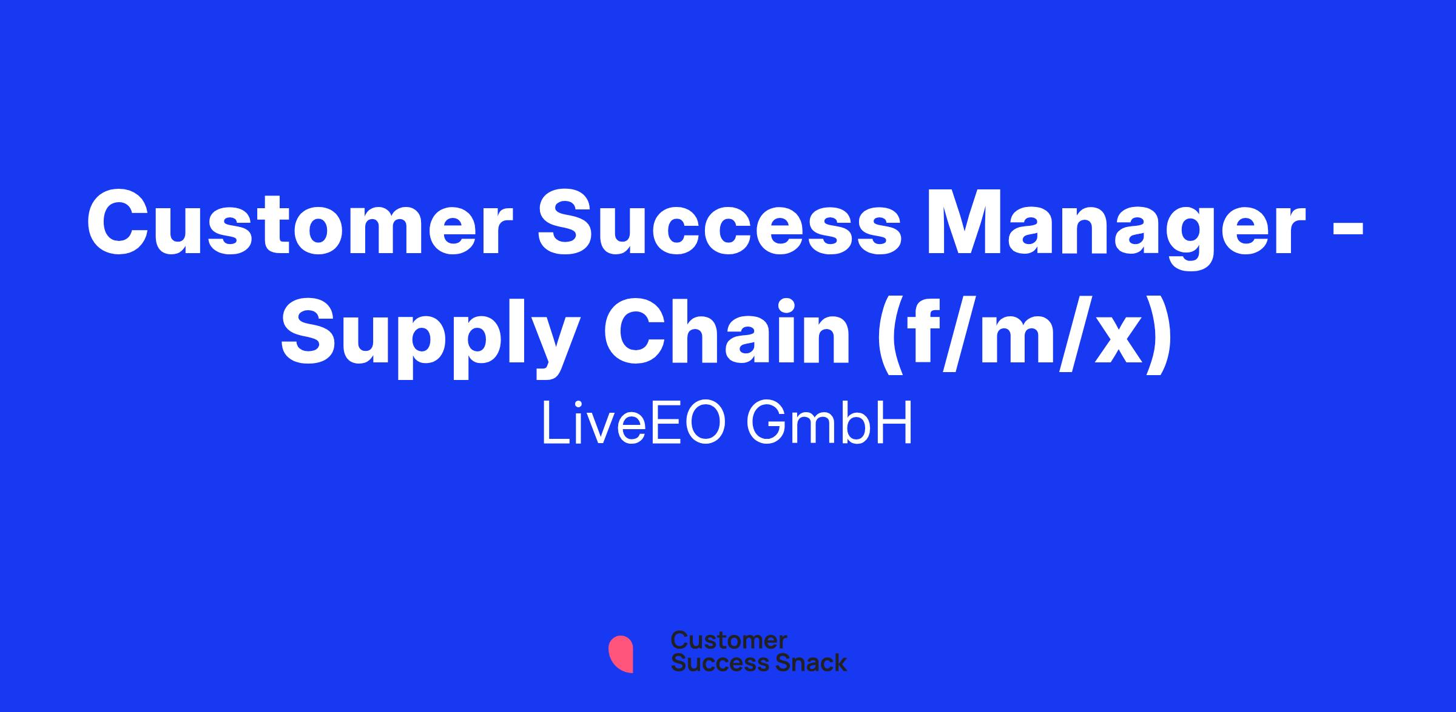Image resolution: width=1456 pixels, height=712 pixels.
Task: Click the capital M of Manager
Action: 964,223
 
